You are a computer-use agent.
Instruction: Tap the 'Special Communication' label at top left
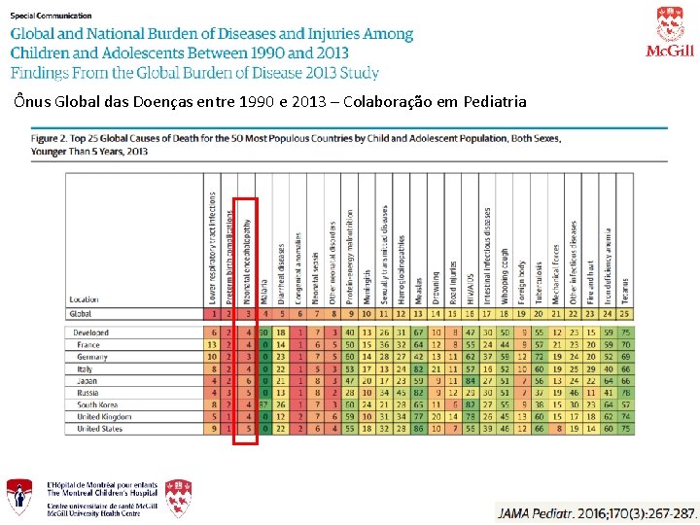point(52,16)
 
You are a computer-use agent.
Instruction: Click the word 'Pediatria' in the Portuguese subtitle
point(496,101)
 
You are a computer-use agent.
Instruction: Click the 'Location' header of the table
point(85,300)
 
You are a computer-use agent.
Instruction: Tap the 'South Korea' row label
point(97,404)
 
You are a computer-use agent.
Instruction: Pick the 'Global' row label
point(83,314)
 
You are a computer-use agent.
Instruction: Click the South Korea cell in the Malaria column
point(264,404)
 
